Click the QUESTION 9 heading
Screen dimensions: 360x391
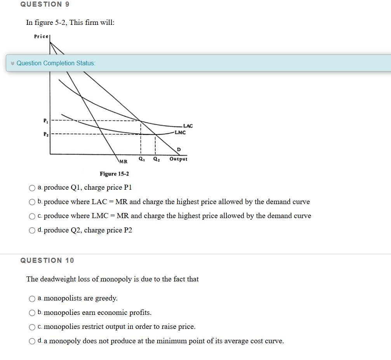[41, 4]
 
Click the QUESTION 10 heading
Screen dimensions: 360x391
[47, 260]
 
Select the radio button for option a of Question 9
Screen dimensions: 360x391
[32, 188]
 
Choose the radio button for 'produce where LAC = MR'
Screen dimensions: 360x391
[32, 202]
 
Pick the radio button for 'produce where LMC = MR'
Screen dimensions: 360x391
[32, 216]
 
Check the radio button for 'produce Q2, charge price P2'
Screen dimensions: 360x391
[32, 231]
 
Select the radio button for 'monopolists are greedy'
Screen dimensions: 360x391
[32, 299]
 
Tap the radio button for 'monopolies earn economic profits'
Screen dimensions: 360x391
[32, 313]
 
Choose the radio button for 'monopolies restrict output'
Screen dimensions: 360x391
[32, 327]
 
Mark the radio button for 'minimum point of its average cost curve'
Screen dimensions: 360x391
[32, 341]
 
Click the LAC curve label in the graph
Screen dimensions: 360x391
[188, 126]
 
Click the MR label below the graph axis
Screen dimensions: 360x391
[123, 161]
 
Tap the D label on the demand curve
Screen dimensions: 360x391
[178, 150]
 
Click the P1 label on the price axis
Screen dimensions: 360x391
[45, 120]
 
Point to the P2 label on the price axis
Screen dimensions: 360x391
[45, 135]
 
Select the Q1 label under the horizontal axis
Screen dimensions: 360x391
[141, 159]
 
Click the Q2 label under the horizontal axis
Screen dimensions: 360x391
[156, 159]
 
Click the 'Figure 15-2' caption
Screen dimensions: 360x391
[115, 174]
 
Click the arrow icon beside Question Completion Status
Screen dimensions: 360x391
[12, 63]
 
